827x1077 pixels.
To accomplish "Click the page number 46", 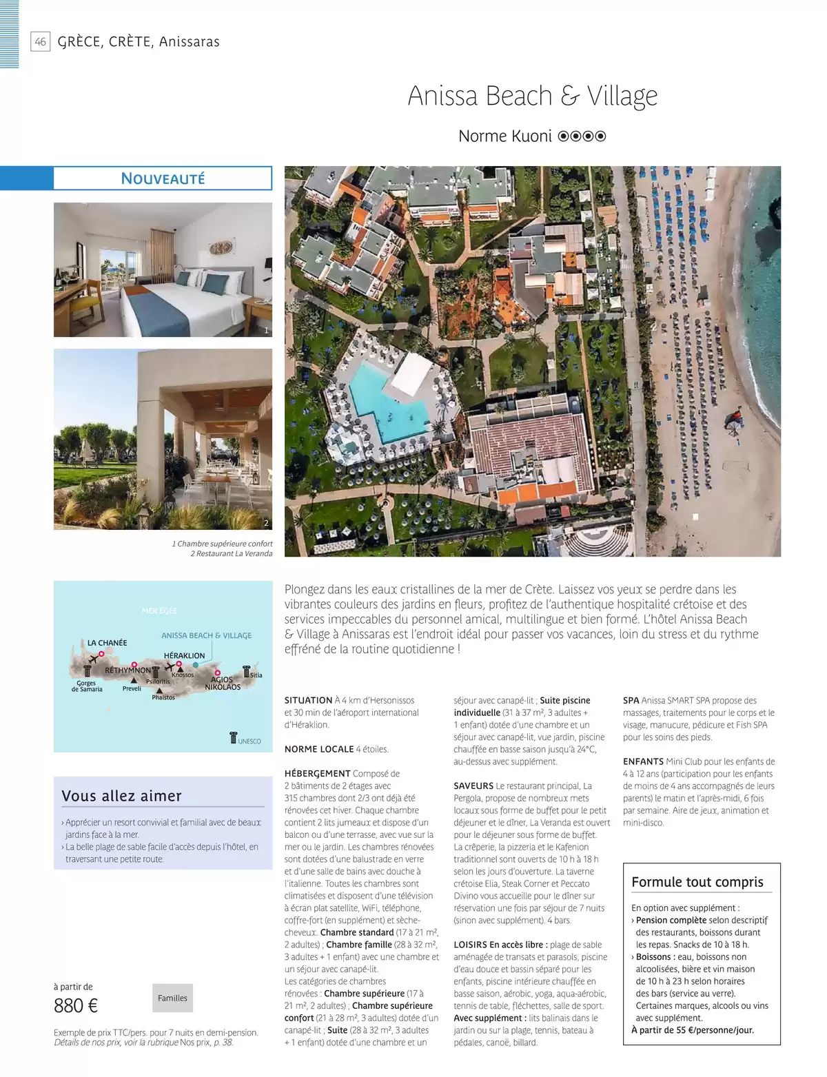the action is pos(41,41).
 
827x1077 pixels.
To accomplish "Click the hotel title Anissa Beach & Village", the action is pos(532,96).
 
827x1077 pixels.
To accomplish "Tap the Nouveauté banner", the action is pos(163,178).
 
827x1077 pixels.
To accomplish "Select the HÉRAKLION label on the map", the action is pos(184,655).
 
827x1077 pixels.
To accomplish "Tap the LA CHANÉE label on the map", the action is pos(107,643).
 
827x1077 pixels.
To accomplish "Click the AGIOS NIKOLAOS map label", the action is pos(223,683).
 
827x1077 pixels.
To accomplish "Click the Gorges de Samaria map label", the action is pos(87,686).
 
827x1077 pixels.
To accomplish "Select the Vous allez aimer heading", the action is pos(121,796).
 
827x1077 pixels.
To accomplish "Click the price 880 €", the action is pos(76,1005).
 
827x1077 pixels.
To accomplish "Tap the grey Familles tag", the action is pos(172,998).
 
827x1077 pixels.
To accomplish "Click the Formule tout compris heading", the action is pos(697,882).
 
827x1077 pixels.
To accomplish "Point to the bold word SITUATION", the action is pos(308,700).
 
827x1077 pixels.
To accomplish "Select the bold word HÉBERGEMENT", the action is pos(317,773).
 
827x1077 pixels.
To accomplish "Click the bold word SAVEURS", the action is pos(473,786).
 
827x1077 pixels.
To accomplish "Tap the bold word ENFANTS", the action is pos(643,761).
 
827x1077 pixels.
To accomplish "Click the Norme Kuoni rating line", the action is pos(532,136).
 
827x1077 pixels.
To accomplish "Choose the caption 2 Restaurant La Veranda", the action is pos(231,553).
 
